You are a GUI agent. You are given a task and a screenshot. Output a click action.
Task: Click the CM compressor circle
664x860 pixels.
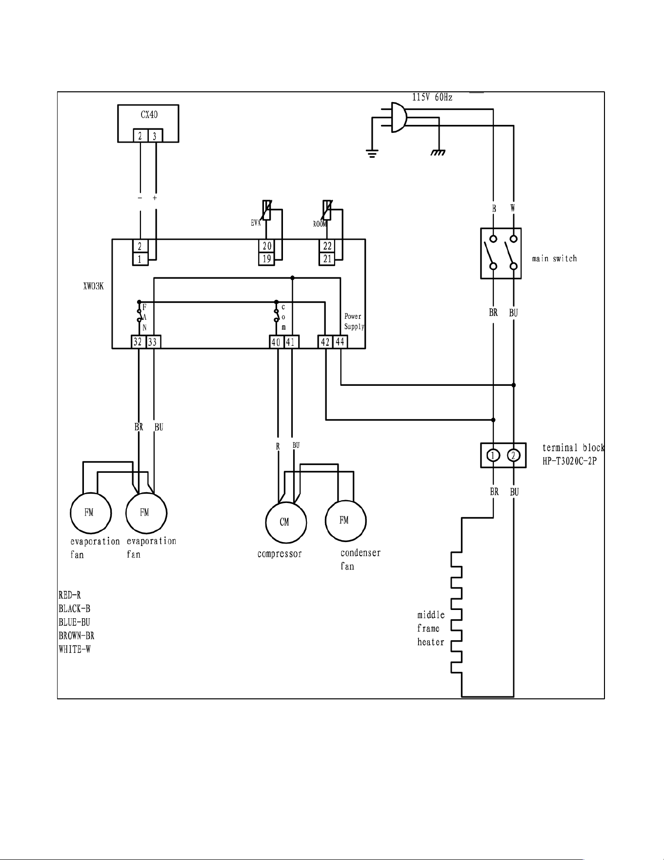(x=286, y=522)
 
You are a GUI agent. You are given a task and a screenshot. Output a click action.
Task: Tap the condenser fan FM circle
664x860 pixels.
(x=345, y=521)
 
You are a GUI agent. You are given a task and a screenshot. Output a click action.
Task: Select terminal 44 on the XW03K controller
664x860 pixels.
(x=340, y=342)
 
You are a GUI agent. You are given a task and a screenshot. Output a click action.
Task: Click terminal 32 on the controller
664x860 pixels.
(x=138, y=342)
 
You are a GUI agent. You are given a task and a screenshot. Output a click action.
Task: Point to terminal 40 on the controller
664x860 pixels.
(x=276, y=342)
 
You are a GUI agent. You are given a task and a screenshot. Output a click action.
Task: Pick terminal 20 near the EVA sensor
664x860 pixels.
(x=266, y=246)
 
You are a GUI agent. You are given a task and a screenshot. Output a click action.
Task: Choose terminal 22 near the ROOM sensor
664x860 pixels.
(x=327, y=246)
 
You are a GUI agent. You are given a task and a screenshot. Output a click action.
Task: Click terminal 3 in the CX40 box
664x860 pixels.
(x=155, y=136)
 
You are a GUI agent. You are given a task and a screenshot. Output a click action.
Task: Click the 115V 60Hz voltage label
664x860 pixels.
(x=432, y=97)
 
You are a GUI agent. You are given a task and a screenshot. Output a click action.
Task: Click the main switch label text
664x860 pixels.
(x=554, y=258)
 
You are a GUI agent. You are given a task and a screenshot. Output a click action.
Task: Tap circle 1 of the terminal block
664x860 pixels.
(x=493, y=456)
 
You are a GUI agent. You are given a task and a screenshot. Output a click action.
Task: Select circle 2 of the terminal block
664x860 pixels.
(x=513, y=456)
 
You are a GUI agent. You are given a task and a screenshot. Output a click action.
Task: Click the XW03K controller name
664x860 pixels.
(x=93, y=287)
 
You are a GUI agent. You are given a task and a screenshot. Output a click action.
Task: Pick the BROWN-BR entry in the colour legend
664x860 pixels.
(x=76, y=636)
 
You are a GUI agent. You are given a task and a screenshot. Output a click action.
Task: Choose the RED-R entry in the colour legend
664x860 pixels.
(x=69, y=595)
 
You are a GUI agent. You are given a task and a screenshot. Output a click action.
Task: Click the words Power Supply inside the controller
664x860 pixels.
(x=354, y=321)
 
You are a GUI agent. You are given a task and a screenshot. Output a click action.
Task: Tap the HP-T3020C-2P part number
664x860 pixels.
(x=569, y=461)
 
